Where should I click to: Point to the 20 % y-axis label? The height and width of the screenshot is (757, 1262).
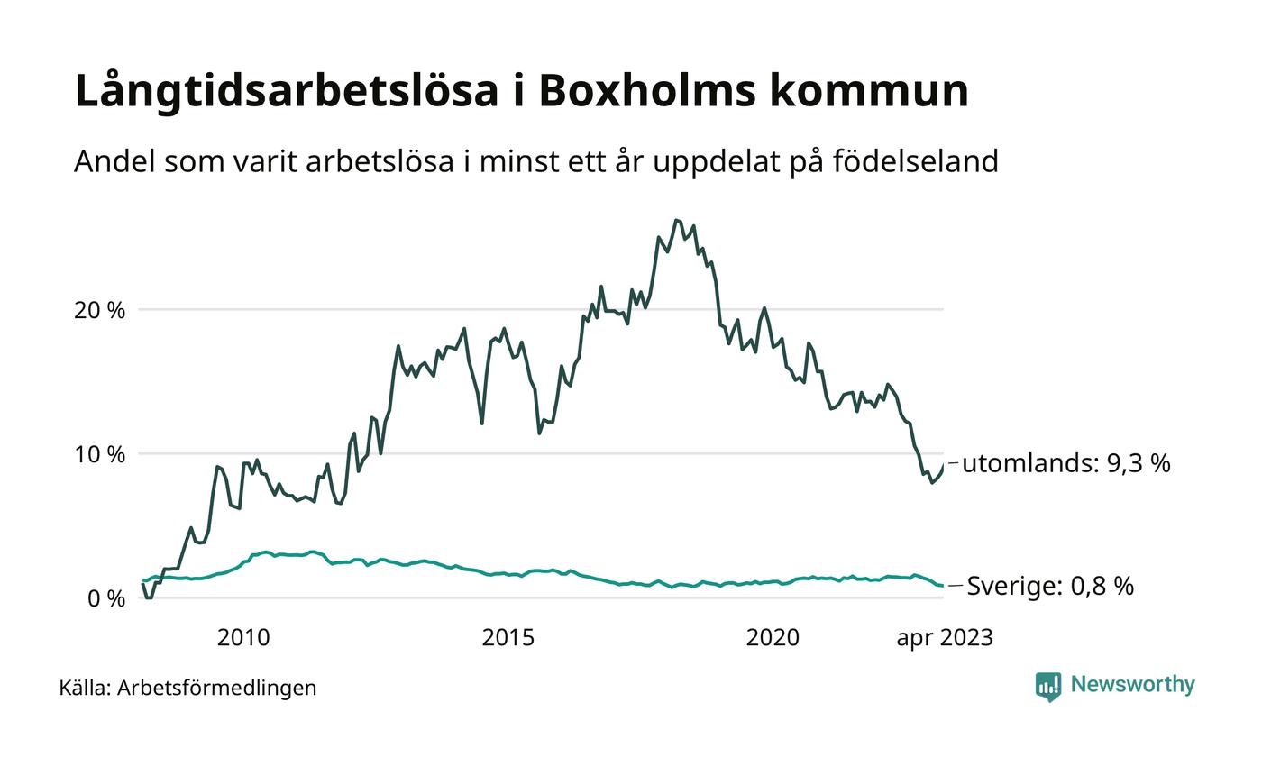click(x=99, y=310)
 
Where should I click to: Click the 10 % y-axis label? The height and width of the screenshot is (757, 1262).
click(x=99, y=454)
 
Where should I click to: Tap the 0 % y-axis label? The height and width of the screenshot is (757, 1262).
click(x=106, y=598)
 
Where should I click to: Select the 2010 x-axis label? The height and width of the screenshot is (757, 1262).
click(x=243, y=638)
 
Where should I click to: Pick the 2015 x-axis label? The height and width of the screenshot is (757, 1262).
click(x=508, y=638)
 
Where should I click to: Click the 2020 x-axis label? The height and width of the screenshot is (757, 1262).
click(x=773, y=638)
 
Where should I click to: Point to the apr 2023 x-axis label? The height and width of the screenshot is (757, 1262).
click(x=944, y=638)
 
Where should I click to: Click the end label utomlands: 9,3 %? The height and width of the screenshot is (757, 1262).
click(x=1065, y=463)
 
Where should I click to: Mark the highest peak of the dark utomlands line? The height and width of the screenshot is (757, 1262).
click(x=676, y=220)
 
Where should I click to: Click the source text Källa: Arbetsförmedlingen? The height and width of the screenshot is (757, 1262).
click(x=187, y=688)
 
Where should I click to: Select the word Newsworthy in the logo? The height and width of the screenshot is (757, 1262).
click(x=1132, y=685)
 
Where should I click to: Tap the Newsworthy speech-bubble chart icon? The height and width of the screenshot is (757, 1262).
click(x=1048, y=687)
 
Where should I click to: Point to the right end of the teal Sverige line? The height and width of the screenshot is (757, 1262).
click(x=943, y=587)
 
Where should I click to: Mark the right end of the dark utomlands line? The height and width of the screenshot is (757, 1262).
click(x=943, y=464)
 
